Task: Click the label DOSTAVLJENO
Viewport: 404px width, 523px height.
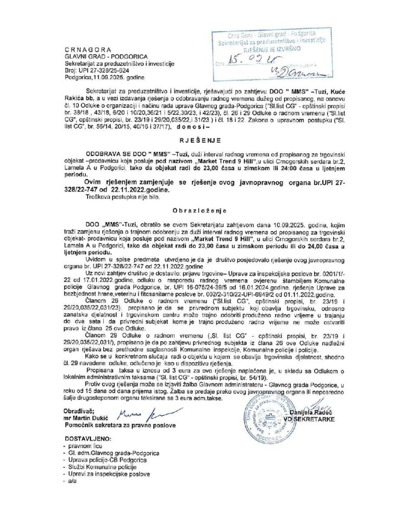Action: (x=87, y=439)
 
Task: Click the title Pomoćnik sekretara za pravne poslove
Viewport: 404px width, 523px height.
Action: (x=120, y=425)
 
